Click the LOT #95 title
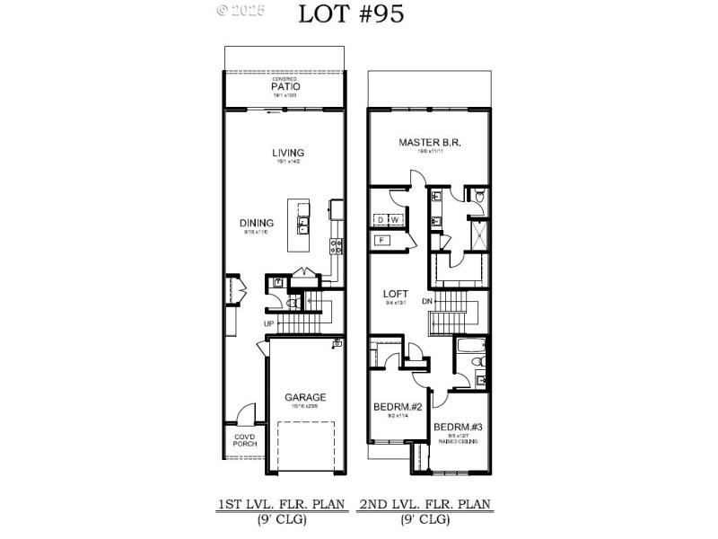(351, 13)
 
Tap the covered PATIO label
(285, 87)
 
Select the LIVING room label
(288, 153)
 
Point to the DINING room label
(255, 224)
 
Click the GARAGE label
(305, 397)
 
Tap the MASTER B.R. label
(430, 143)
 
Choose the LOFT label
(396, 294)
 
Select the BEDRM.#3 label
(458, 427)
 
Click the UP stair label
(268, 323)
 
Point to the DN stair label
(427, 301)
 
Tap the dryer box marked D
(381, 219)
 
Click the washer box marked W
(394, 219)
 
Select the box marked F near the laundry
(381, 240)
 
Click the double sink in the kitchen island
(303, 224)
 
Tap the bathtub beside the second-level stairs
(469, 345)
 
